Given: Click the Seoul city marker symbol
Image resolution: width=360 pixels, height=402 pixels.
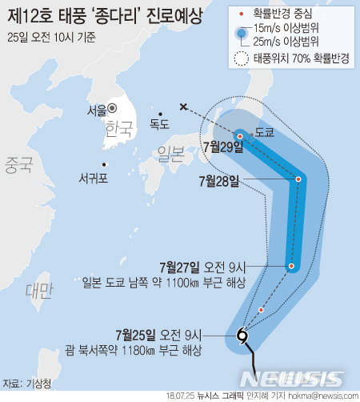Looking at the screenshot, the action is tap(113, 107).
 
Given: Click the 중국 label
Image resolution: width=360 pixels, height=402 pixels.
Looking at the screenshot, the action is tap(18, 166).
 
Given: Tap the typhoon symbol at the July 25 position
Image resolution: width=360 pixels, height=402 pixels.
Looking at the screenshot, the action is tap(242, 337).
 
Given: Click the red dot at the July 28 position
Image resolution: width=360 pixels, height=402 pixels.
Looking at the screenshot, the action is tap(298, 179).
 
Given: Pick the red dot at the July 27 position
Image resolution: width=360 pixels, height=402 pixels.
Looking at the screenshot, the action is tap(291, 266).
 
